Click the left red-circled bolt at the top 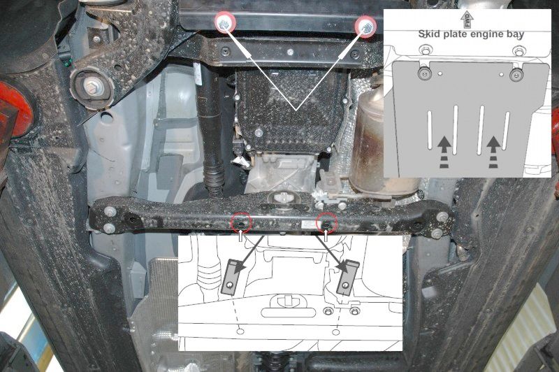pyautogui.click(x=225, y=23)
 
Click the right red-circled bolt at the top pyautogui.click(x=365, y=26)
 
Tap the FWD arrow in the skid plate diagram pyautogui.click(x=467, y=20)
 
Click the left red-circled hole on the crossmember pyautogui.click(x=241, y=223)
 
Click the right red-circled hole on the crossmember pyautogui.click(x=327, y=222)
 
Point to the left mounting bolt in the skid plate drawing pyautogui.click(x=425, y=73)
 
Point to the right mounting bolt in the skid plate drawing pyautogui.click(x=516, y=75)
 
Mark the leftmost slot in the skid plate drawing pyautogui.click(x=430, y=129)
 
